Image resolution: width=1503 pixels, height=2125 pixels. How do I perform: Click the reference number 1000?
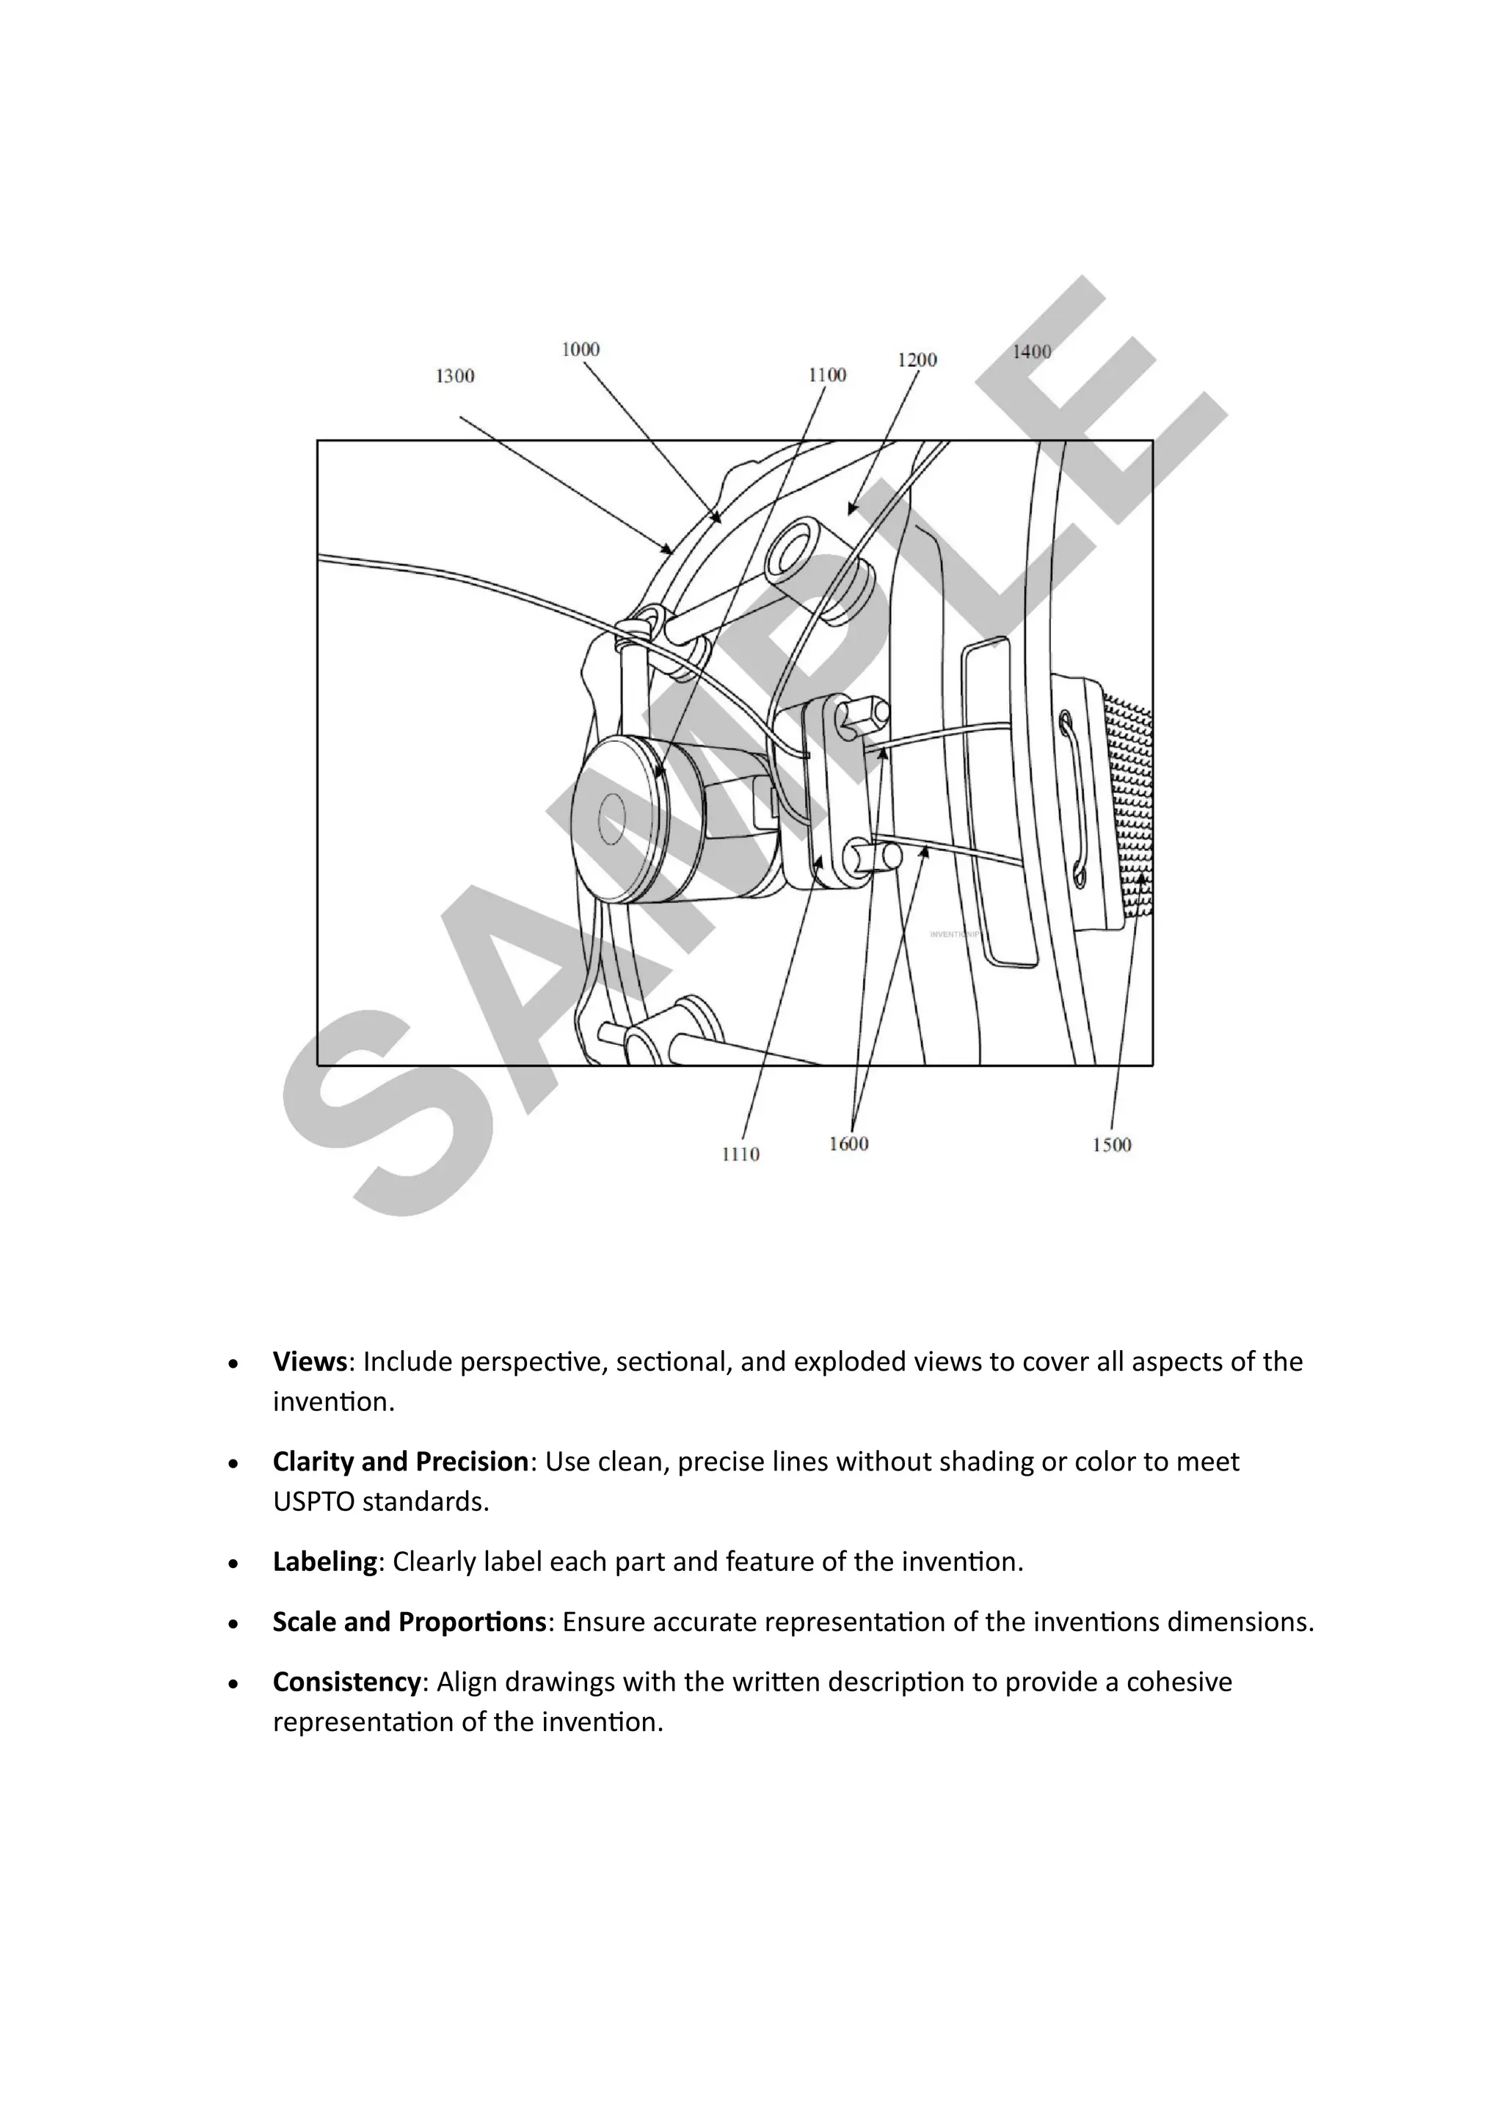click(x=581, y=349)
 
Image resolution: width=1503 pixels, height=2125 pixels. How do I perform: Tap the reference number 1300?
click(x=454, y=376)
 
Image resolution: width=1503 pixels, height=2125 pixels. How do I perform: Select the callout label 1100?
click(x=826, y=375)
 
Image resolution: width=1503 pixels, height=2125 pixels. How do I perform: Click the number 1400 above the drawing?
click(x=1031, y=351)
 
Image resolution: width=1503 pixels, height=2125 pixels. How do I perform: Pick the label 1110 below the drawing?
click(x=740, y=1154)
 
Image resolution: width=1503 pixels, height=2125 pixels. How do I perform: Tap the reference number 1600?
click(x=848, y=1144)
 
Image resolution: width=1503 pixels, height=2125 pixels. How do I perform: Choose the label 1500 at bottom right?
click(x=1112, y=1145)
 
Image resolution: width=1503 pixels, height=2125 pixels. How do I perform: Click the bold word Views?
click(x=309, y=1361)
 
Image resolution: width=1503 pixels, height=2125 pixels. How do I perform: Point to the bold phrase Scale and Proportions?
click(x=409, y=1622)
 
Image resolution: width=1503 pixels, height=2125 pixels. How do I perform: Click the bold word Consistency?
click(x=347, y=1682)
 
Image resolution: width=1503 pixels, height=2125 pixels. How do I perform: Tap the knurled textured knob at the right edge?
click(x=1130, y=805)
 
